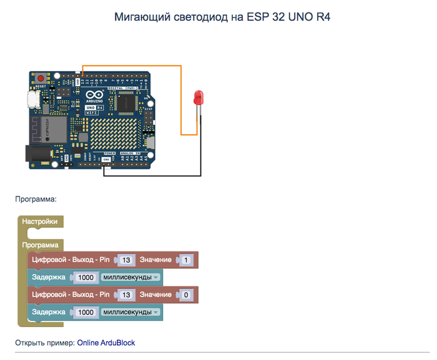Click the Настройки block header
pos(40,221)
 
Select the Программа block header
pos(40,245)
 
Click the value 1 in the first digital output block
pos(186,260)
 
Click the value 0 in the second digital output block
pos(186,294)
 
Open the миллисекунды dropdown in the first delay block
pos(130,277)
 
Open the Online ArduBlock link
pos(106,343)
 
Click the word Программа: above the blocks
pos(36,200)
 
